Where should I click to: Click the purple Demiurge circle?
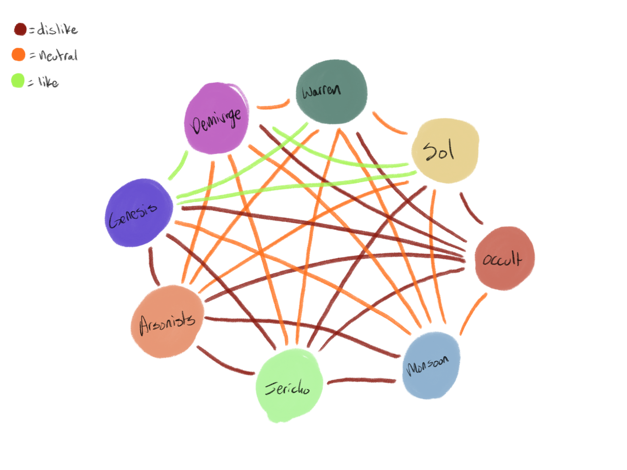(x=217, y=118)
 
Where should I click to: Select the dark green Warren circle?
(x=331, y=92)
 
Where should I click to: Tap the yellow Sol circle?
(x=445, y=150)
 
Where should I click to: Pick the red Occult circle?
(x=505, y=258)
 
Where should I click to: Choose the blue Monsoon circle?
(x=431, y=365)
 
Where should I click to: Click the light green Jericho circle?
(x=289, y=385)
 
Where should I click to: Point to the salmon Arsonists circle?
(x=168, y=321)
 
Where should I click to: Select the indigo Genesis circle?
(x=139, y=212)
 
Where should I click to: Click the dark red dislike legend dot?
(x=20, y=29)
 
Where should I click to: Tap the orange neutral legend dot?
(x=19, y=54)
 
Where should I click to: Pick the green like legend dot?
(x=18, y=80)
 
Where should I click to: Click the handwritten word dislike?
(x=57, y=29)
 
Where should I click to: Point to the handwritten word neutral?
(x=58, y=55)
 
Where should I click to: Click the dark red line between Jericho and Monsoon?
(x=362, y=380)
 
